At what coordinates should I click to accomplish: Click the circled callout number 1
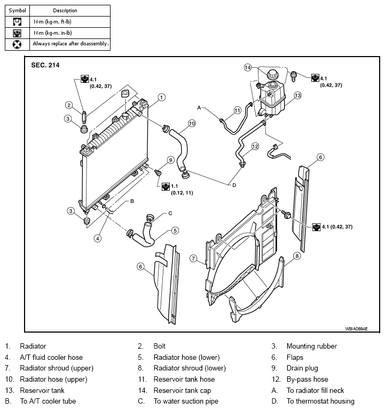pyautogui.click(x=162, y=98)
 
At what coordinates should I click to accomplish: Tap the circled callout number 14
pyautogui.click(x=247, y=67)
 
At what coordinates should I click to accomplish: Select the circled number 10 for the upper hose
pyautogui.click(x=192, y=123)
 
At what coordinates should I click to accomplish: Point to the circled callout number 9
pyautogui.click(x=170, y=160)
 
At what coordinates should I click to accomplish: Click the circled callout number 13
pyautogui.click(x=297, y=96)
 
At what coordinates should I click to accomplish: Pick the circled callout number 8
pyautogui.click(x=296, y=256)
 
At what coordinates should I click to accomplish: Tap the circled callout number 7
pyautogui.click(x=193, y=258)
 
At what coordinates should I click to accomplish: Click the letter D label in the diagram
pyautogui.click(x=234, y=185)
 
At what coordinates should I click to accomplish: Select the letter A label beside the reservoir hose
pyautogui.click(x=199, y=108)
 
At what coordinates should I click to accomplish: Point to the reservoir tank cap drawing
pyautogui.click(x=272, y=74)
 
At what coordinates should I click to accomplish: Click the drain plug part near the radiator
pyautogui.click(x=158, y=172)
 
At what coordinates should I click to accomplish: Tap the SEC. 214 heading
pyautogui.click(x=45, y=65)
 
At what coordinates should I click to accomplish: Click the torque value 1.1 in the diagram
pyautogui.click(x=175, y=186)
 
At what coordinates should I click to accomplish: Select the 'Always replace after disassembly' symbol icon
pyautogui.click(x=17, y=44)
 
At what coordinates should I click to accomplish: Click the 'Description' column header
pyautogui.click(x=65, y=11)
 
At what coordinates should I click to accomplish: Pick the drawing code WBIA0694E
pyautogui.click(x=356, y=329)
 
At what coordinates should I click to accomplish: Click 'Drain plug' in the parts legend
pyautogui.click(x=302, y=368)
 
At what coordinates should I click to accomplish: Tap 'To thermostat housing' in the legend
pyautogui.click(x=320, y=401)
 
